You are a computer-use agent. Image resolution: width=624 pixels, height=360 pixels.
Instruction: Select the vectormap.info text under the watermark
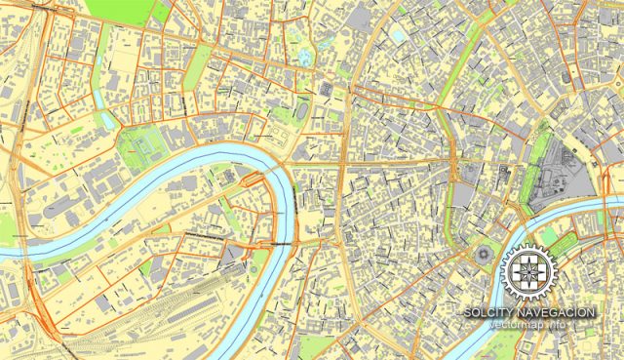pyautogui.click(x=528, y=324)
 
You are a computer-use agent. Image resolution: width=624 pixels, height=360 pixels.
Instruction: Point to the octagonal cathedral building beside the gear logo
pyautogui.click(x=485, y=256)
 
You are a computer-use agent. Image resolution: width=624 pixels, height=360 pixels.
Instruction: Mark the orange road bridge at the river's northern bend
pyautogui.click(x=253, y=178)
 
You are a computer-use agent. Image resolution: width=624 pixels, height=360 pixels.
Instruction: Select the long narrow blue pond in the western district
pyautogui.click(x=105, y=120)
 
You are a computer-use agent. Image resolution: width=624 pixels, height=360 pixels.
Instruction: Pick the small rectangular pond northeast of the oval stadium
pyautogui.click(x=398, y=36)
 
